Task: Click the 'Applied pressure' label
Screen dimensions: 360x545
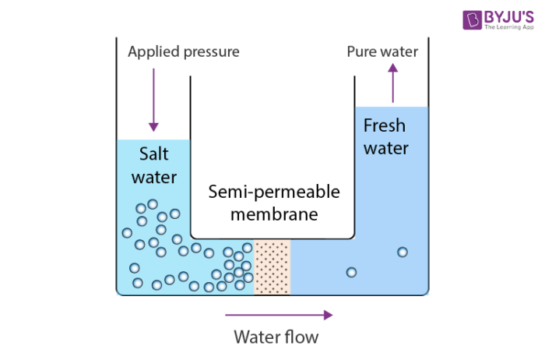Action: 183,52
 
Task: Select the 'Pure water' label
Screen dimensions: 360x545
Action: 382,52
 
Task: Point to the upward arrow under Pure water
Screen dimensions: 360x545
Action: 392,83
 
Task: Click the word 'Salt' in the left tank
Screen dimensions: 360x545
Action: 153,153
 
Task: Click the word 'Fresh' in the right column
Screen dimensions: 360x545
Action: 385,125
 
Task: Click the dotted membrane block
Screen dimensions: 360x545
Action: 272,267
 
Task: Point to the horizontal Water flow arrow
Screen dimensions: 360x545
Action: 279,315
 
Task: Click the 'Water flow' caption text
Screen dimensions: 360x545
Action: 276,337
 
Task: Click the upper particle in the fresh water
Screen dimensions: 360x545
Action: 403,252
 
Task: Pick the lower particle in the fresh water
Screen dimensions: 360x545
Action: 351,272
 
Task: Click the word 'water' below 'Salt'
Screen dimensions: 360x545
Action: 153,177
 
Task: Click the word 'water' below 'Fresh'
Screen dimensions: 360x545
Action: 385,148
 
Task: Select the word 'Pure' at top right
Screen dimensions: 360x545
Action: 361,52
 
